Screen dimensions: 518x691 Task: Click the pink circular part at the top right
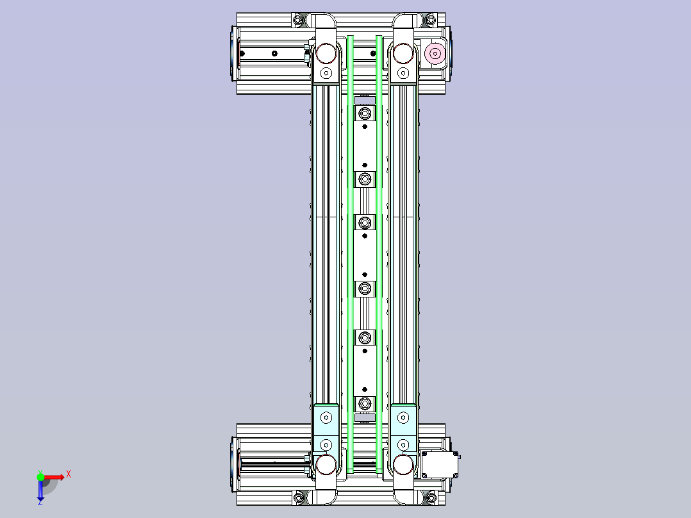click(x=435, y=53)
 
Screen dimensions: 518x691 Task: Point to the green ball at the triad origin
click(x=40, y=476)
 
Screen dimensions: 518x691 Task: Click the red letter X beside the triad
click(x=69, y=474)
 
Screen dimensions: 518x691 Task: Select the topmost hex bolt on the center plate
click(x=365, y=114)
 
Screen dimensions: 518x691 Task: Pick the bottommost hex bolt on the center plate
click(x=365, y=403)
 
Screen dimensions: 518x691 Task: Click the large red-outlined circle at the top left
click(x=326, y=51)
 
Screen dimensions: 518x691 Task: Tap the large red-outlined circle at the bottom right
click(x=403, y=464)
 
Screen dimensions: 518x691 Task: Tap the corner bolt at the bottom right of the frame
click(x=431, y=497)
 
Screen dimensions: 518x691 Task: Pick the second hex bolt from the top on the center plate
click(x=365, y=178)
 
